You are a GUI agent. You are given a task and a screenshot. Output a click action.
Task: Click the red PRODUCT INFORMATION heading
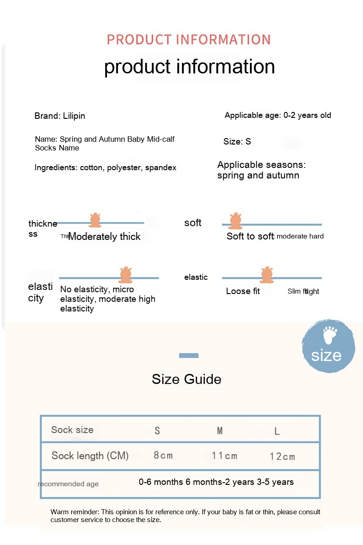pyautogui.click(x=188, y=39)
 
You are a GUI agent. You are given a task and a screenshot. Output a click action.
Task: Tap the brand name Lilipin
pyautogui.click(x=74, y=116)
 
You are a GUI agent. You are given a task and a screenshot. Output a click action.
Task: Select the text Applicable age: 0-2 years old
pyautogui.click(x=278, y=115)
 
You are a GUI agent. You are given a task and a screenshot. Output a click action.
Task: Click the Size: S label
pyautogui.click(x=237, y=141)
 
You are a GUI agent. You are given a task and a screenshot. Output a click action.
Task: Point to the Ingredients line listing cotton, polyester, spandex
pyautogui.click(x=105, y=168)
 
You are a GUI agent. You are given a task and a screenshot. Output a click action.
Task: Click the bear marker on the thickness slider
pyautogui.click(x=95, y=221)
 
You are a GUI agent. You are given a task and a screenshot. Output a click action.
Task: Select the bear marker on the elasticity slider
pyautogui.click(x=125, y=274)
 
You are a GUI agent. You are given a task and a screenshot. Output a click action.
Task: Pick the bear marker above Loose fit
pyautogui.click(x=267, y=274)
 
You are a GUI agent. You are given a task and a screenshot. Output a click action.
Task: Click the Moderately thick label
pyautogui.click(x=104, y=237)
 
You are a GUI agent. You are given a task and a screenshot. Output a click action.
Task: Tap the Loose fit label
pyautogui.click(x=243, y=291)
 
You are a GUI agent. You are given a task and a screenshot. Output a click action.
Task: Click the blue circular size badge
pyautogui.click(x=328, y=346)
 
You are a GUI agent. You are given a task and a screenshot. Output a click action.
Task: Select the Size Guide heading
pyautogui.click(x=187, y=379)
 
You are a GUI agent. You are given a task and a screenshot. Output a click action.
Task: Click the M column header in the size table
pyautogui.click(x=220, y=431)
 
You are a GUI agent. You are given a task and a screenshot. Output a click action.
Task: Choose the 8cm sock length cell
pyautogui.click(x=163, y=456)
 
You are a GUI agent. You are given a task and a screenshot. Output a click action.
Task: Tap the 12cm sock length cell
pyautogui.click(x=282, y=456)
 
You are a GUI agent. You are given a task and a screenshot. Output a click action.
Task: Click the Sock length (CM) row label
pyautogui.click(x=90, y=456)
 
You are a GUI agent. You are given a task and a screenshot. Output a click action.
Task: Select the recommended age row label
pyautogui.click(x=68, y=484)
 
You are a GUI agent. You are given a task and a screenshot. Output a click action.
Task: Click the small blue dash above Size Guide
pyautogui.click(x=188, y=355)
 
